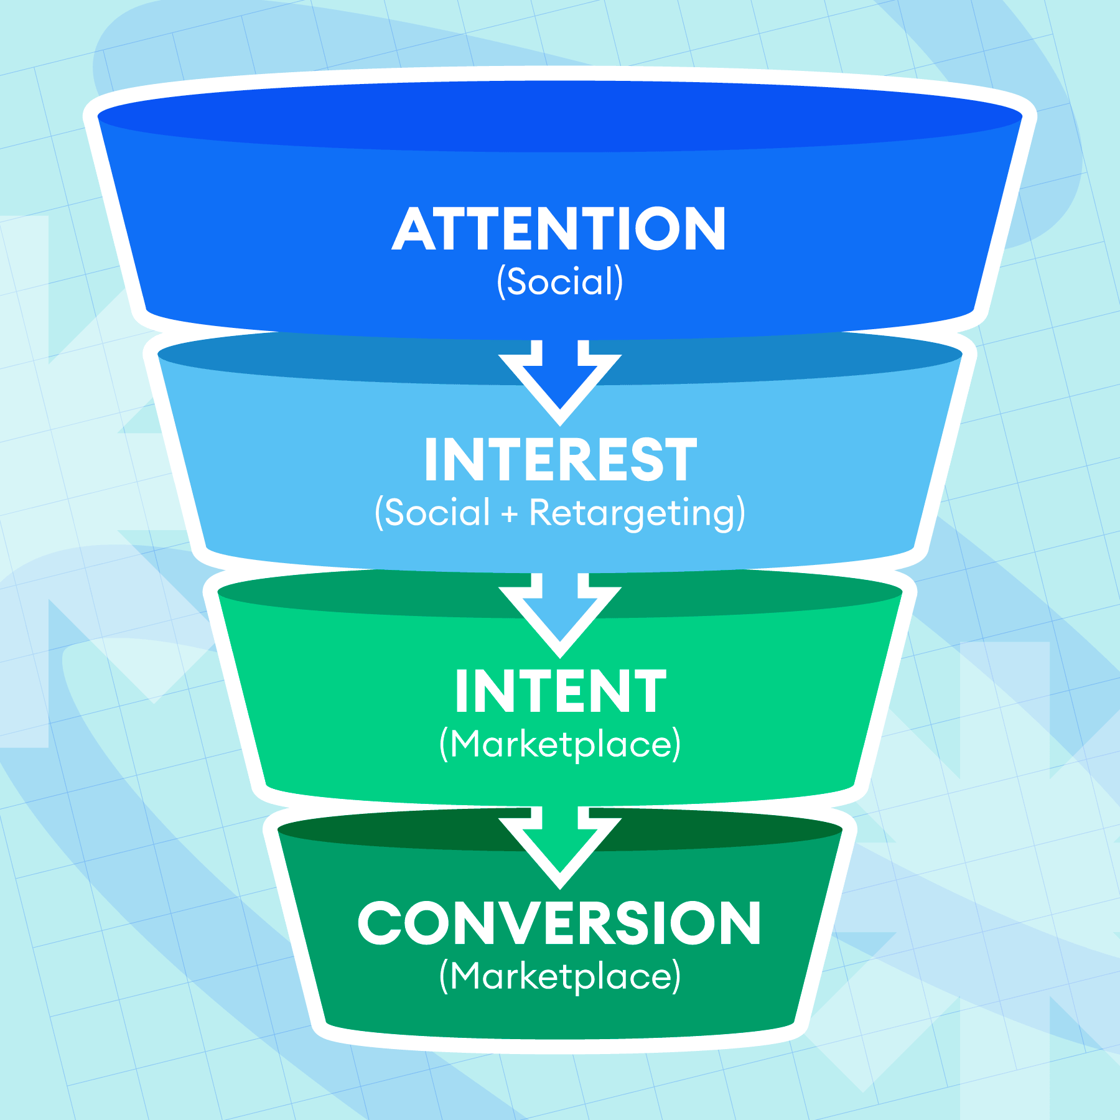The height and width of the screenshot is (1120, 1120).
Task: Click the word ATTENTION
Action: [x=559, y=229]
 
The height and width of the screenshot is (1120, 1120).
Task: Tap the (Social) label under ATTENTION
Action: [x=559, y=281]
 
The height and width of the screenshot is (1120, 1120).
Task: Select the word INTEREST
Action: [x=560, y=460]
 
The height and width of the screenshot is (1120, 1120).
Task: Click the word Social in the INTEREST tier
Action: [x=437, y=513]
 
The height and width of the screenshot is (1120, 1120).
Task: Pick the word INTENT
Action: [x=560, y=691]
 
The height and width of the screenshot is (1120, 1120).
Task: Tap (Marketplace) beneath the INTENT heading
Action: [x=560, y=744]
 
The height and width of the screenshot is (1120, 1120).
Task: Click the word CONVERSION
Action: [x=559, y=923]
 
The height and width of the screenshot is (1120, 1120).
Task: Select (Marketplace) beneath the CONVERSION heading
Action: [x=560, y=976]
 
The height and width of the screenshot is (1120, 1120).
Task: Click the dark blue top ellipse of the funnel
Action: [x=560, y=116]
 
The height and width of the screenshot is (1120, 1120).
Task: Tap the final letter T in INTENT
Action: [x=651, y=691]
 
